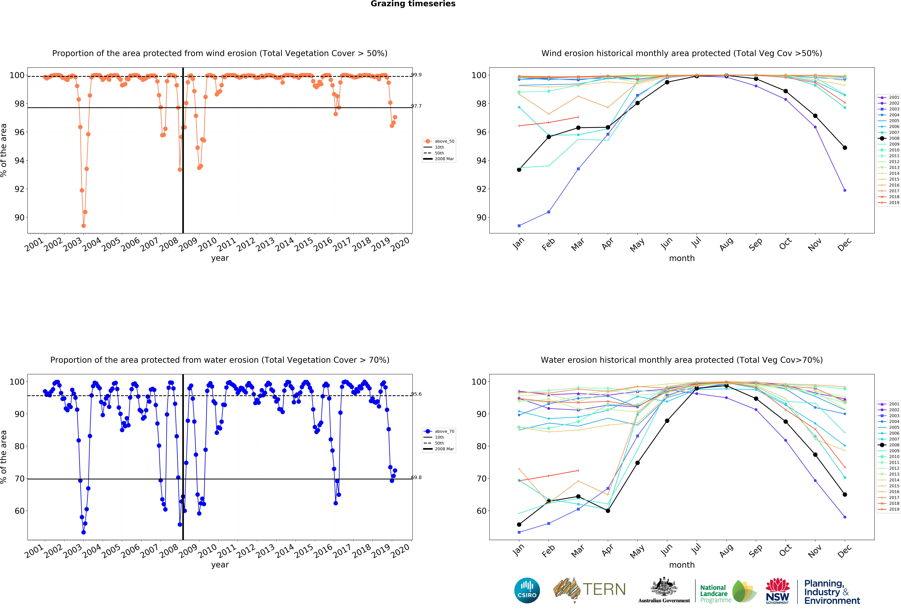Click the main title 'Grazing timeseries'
[x=413, y=4]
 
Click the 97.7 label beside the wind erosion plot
[x=416, y=106]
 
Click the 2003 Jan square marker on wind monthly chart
[x=519, y=226]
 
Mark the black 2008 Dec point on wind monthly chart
[x=845, y=148]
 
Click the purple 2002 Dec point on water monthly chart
[x=845, y=517]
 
